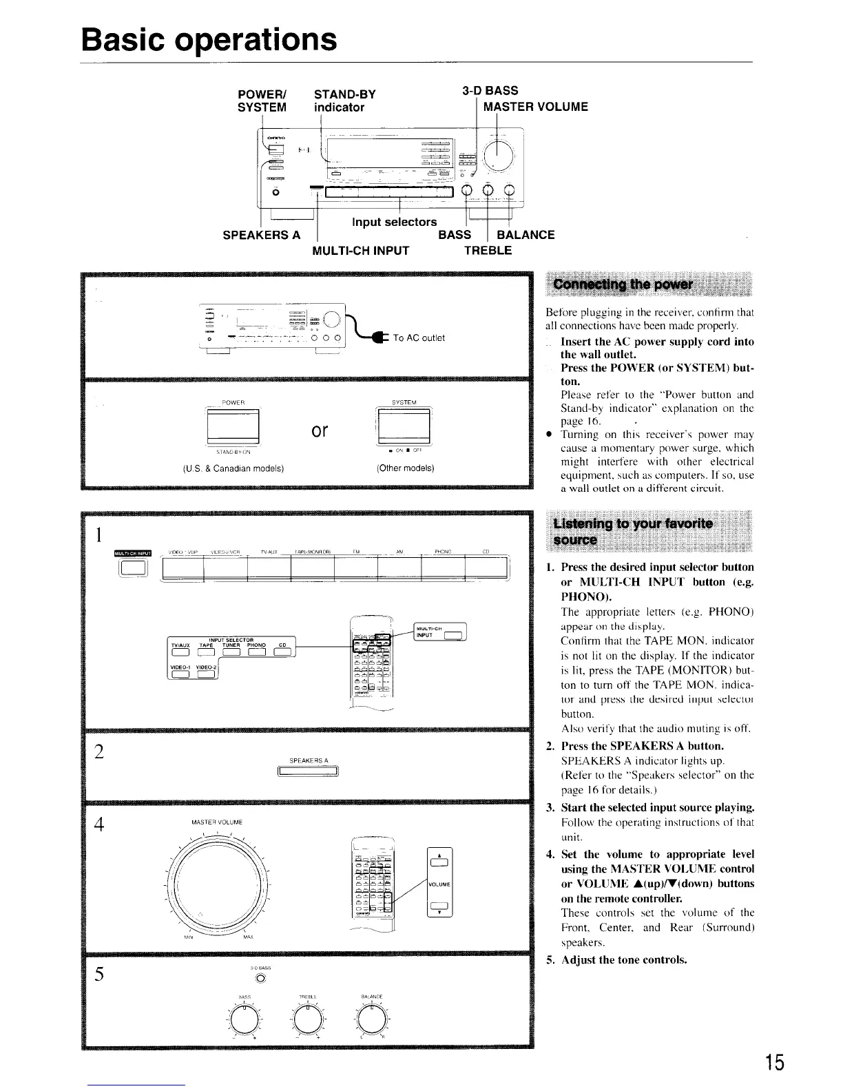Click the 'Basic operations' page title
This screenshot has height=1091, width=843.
click(x=209, y=40)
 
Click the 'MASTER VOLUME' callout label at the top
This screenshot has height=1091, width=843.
click(x=536, y=107)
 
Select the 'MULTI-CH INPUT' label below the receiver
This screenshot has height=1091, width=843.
click(x=361, y=251)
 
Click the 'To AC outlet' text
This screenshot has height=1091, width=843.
click(x=419, y=337)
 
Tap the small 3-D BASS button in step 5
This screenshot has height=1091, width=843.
click(x=260, y=978)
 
